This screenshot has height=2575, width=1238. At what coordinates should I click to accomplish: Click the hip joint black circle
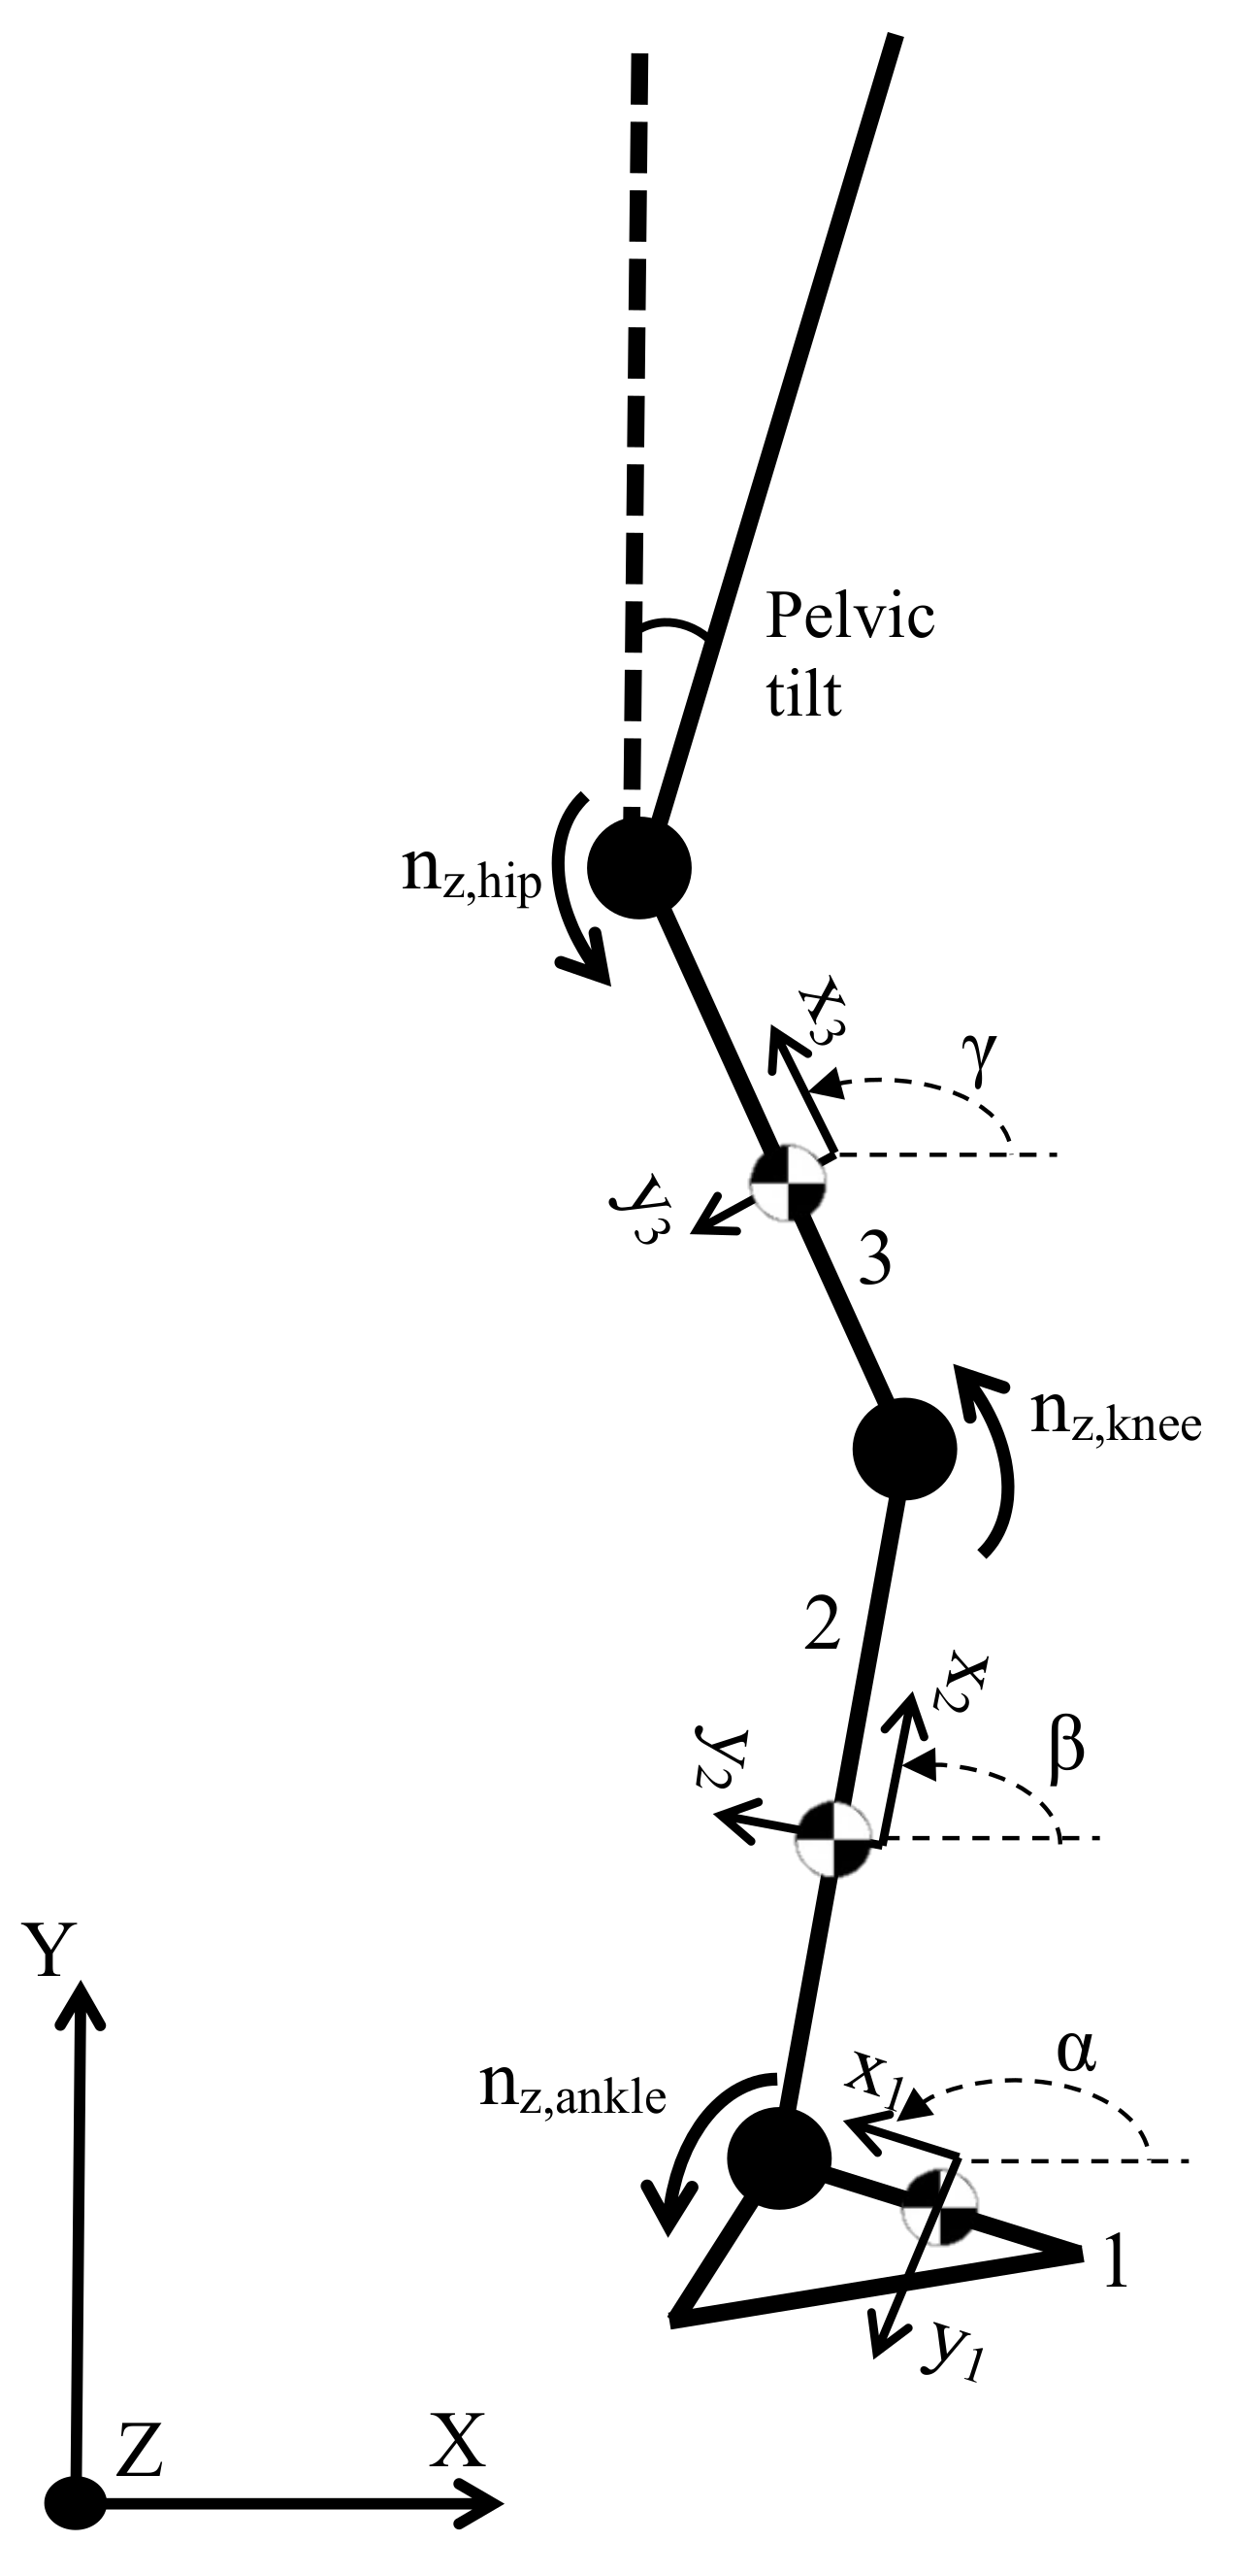pos(638,868)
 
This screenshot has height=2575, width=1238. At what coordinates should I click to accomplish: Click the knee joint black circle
pos(904,1449)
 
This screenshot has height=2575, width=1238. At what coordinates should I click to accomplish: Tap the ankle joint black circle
pos(779,2159)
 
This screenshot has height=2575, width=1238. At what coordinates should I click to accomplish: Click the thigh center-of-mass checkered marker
pos(789,1185)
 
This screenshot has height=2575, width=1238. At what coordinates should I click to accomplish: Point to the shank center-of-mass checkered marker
pos(834,1838)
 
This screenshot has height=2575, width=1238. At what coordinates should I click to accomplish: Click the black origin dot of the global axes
pos(75,2502)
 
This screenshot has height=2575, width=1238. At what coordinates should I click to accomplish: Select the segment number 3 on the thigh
pos(874,1261)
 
